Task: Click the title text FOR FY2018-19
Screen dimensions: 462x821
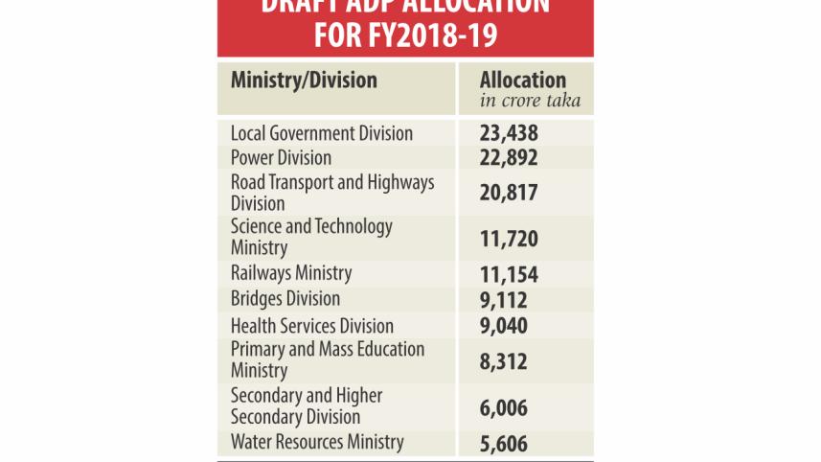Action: coord(405,35)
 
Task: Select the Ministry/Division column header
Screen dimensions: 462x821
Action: coord(304,80)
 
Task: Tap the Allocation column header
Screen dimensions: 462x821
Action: coord(523,81)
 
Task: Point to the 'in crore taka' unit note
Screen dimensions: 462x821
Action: coord(530,101)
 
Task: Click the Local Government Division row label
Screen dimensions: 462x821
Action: coord(322,133)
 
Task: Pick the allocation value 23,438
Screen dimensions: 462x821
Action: coord(509,134)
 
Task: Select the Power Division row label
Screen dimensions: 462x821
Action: coord(282,157)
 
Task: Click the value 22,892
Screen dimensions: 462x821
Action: coord(509,158)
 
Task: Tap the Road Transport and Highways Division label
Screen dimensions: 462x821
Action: coord(332,192)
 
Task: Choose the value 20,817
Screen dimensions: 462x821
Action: coord(509,193)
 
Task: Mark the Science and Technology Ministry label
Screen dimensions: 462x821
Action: coord(311,237)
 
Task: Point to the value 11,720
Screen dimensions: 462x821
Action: coord(509,239)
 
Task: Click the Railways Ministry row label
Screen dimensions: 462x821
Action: coord(291,274)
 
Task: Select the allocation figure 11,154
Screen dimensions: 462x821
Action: coord(509,276)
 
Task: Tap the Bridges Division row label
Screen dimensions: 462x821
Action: coord(285,299)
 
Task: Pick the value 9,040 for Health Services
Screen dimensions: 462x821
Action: coord(504,326)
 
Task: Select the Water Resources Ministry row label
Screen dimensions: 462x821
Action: coord(317,442)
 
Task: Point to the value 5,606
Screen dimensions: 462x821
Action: coord(504,444)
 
